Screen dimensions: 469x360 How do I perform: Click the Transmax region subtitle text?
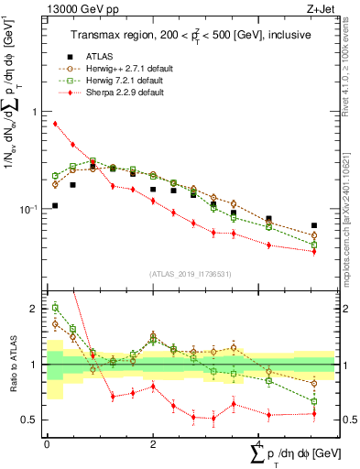click(190, 34)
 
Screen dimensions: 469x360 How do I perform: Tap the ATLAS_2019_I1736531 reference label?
click(190, 274)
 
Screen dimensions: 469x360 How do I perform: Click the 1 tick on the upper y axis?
click(35, 112)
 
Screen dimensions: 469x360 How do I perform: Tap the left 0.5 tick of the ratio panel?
click(30, 420)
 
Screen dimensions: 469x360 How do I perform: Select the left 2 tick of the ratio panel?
click(35, 309)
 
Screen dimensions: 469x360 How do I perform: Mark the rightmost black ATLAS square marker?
click(314, 225)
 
